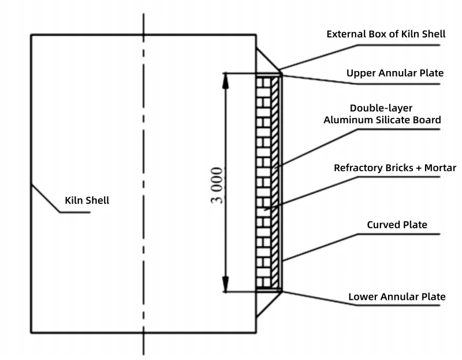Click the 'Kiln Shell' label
pos(87,201)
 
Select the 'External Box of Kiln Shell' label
pos(386,34)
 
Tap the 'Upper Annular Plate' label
pos(395,73)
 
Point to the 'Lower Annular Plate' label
pos(397,296)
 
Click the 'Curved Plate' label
pos(397,225)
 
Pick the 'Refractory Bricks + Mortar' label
pos(395,168)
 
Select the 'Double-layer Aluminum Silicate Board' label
pos(382,114)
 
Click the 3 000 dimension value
pos(217,185)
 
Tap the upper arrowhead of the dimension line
pos(225,80)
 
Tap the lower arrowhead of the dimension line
pos(225,284)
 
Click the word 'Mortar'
pos(440,168)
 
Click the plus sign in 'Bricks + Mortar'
pos(419,168)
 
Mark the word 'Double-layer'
pos(381,108)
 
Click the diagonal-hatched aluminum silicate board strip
pos(275,182)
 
